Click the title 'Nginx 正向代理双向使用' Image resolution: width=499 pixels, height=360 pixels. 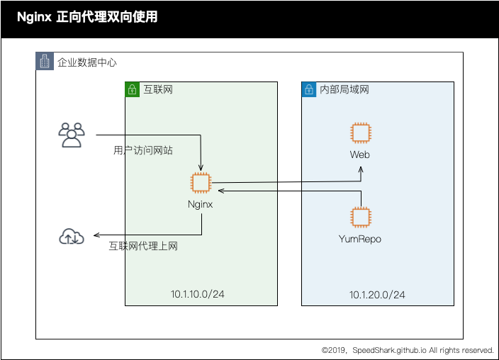point(86,17)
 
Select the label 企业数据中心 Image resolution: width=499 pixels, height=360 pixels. point(87,62)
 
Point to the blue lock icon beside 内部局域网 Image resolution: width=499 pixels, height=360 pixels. point(309,90)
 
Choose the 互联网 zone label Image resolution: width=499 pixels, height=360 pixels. point(158,90)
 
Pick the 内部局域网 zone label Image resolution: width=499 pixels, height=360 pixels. point(344,90)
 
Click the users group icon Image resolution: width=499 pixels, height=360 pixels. point(72,135)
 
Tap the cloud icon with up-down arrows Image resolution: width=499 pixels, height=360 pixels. point(72,237)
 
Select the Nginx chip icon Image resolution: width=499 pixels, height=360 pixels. point(201,182)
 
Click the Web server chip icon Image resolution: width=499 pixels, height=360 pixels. point(361,133)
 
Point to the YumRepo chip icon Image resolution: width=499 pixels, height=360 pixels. point(361,217)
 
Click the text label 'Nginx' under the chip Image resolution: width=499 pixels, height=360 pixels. point(201,204)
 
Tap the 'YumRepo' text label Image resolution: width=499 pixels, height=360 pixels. point(360,239)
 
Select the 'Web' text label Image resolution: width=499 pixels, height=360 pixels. point(360,154)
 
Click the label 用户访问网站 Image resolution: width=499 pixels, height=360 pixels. point(143,150)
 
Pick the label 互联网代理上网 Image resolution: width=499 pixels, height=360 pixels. point(143,247)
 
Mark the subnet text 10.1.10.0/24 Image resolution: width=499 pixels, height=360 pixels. point(198,294)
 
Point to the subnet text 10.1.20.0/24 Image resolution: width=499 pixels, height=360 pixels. point(377,295)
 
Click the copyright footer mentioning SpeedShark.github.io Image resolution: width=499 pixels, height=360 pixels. point(407,350)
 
